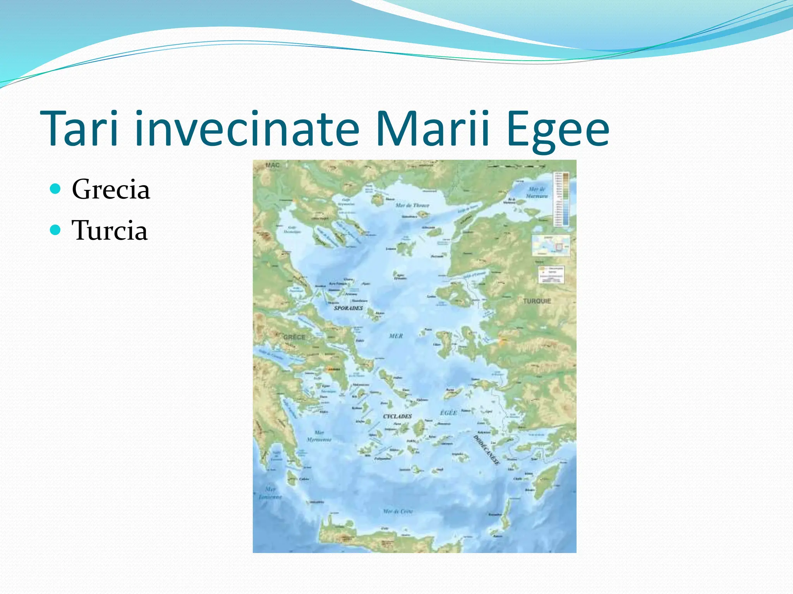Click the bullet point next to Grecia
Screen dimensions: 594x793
56,189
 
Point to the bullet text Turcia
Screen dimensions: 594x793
110,230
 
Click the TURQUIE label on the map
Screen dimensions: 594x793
537,301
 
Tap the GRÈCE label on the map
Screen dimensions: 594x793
294,337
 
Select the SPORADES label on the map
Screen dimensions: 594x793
348,308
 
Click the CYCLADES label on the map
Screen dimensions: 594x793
397,416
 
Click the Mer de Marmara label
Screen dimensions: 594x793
537,192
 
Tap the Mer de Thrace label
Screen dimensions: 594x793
412,205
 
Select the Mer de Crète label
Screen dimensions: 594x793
398,511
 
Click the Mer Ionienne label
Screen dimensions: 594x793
270,493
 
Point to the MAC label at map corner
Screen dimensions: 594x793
272,165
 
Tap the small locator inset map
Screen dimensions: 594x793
551,246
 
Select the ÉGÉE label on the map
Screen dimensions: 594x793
449,413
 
